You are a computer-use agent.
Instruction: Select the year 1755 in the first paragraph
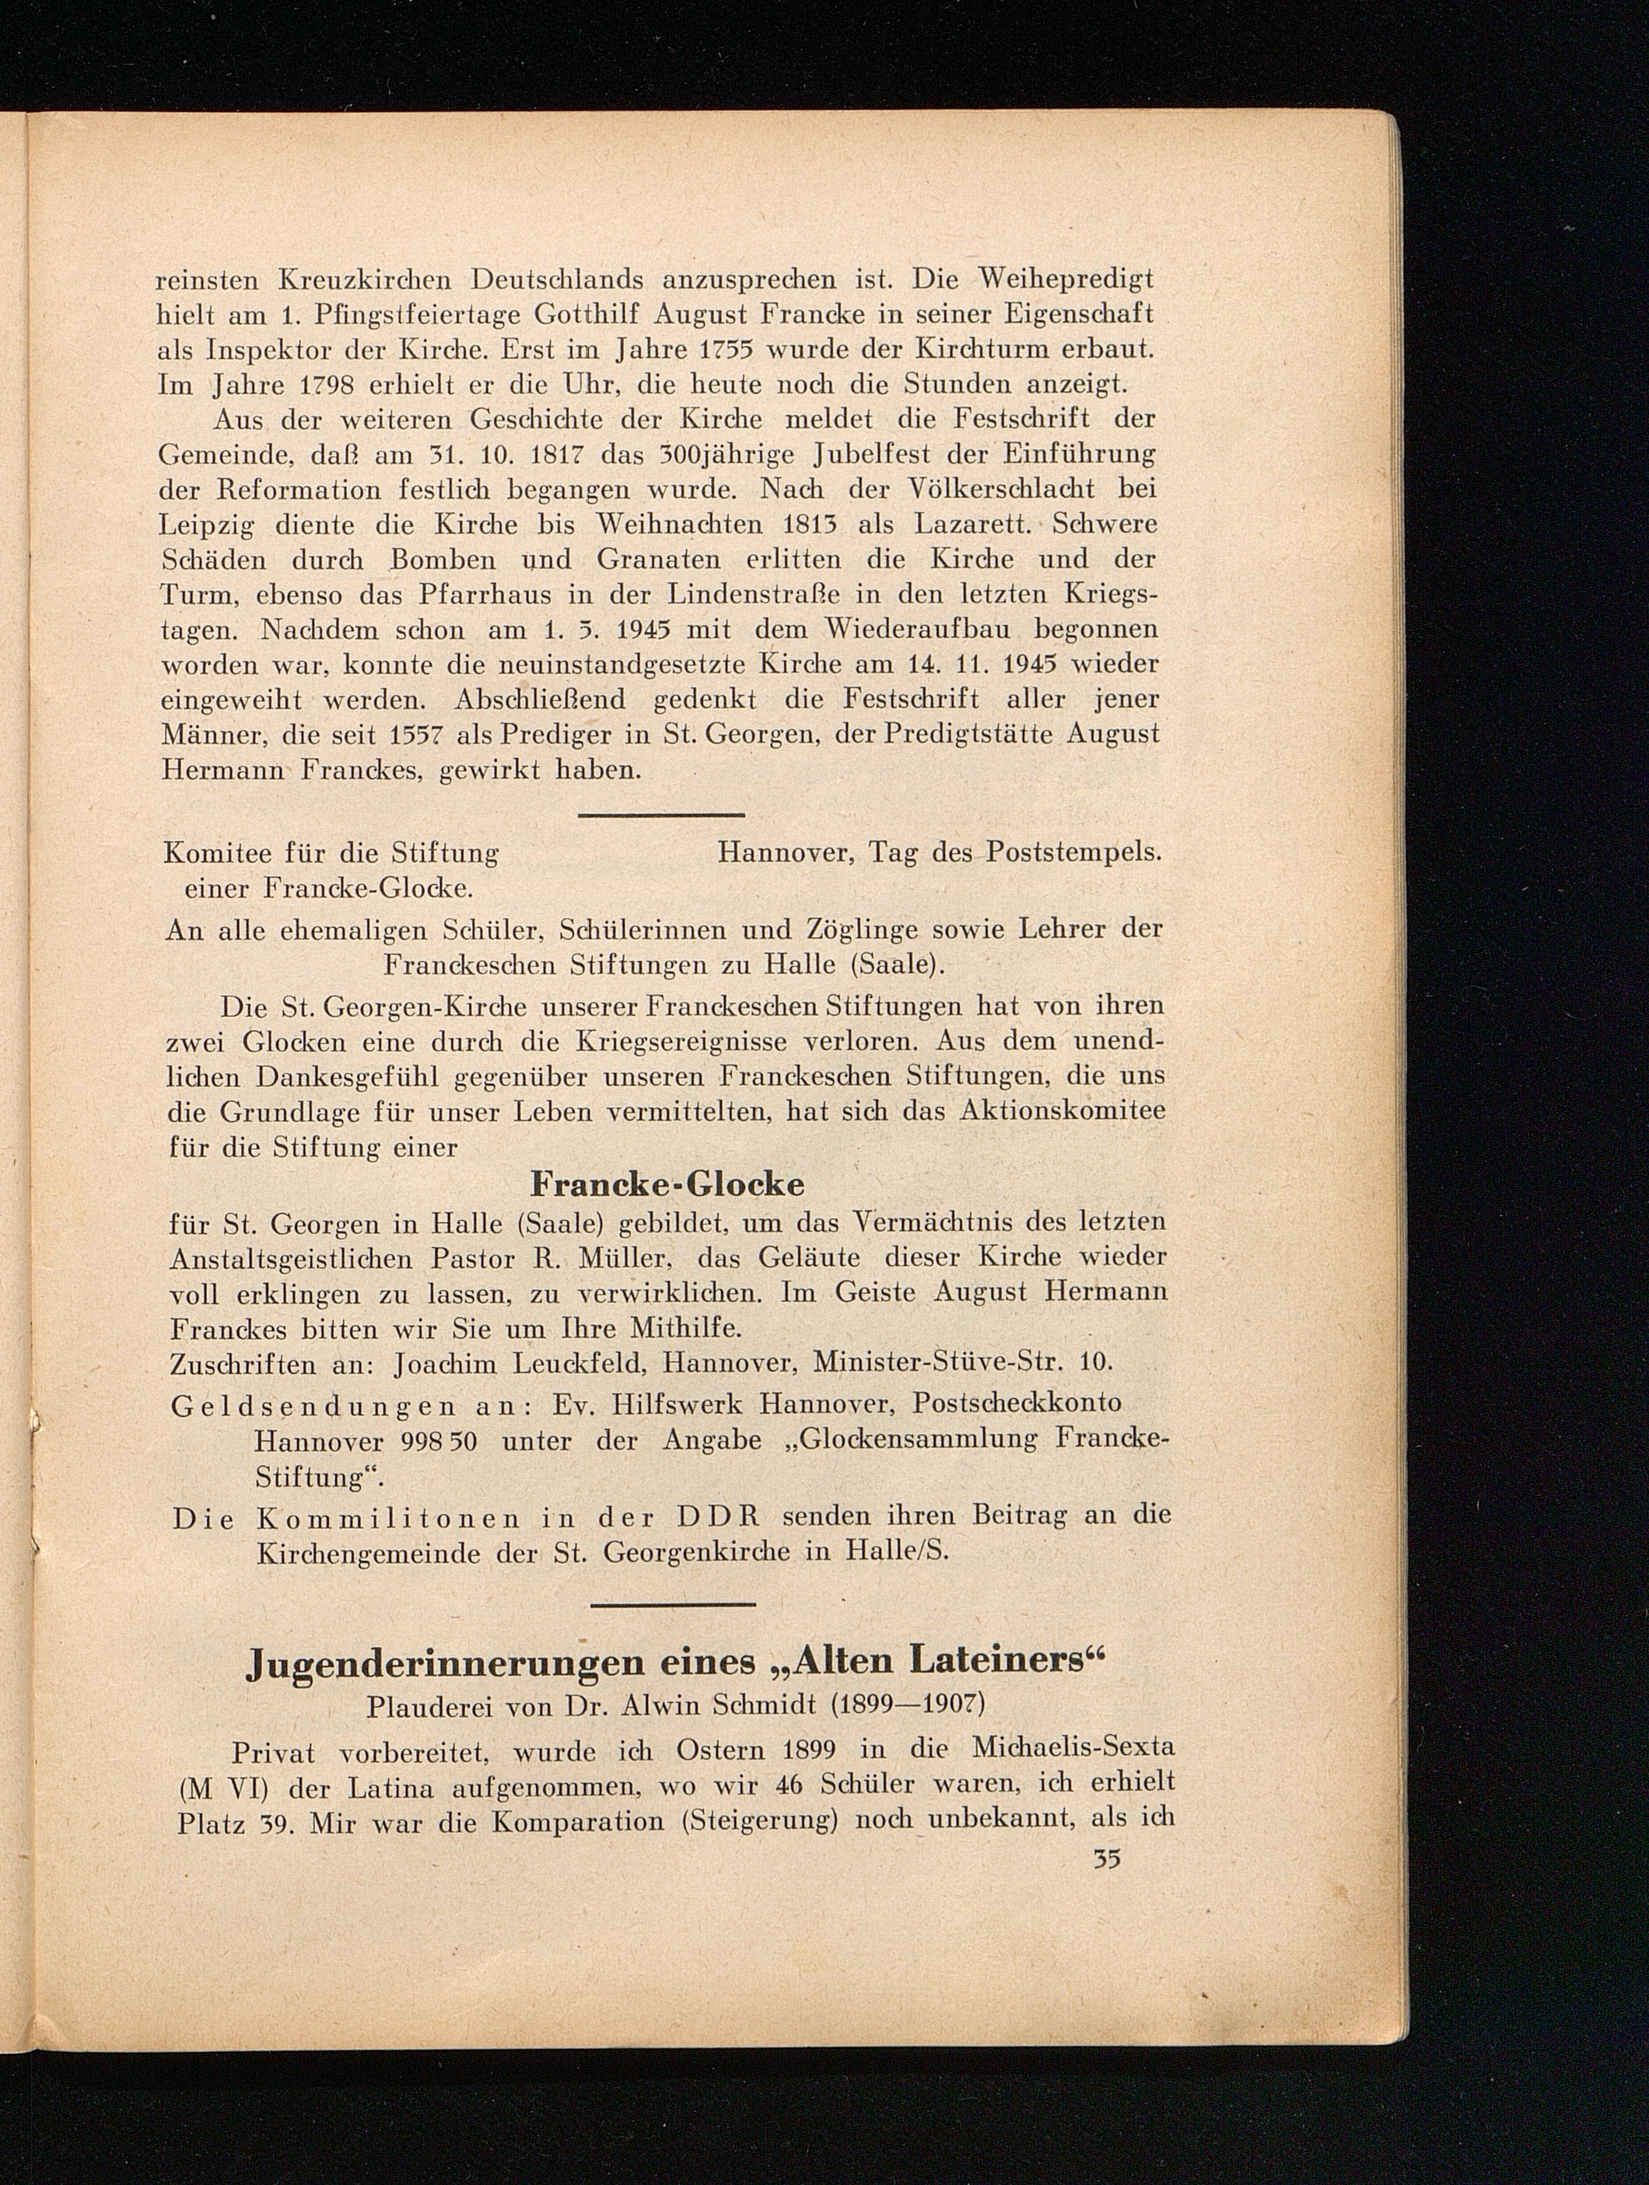click(733, 348)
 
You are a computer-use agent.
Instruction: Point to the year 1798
click(318, 384)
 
